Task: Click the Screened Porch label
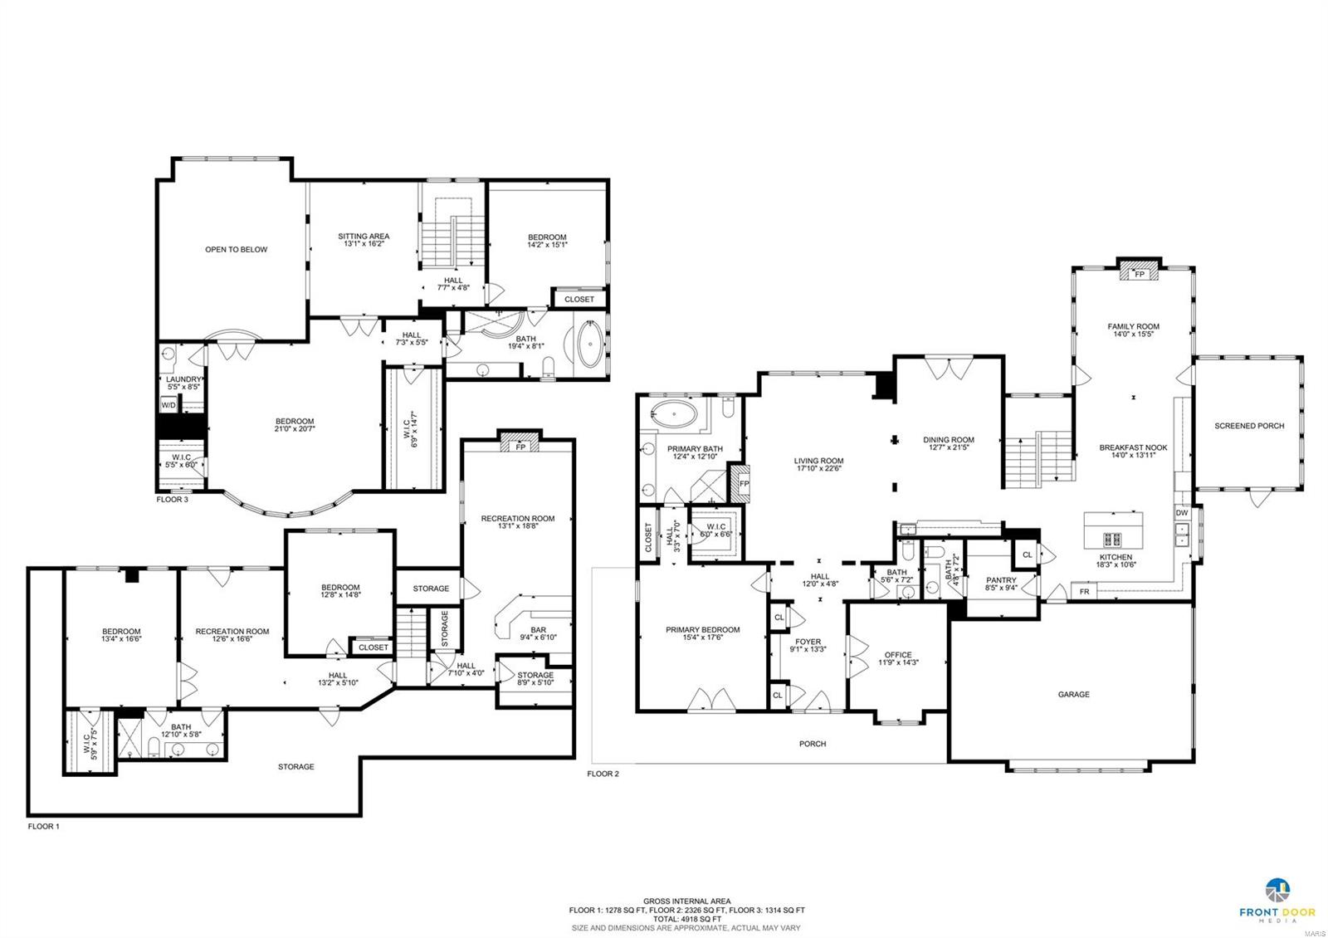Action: coord(1248,426)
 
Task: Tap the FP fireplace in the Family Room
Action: coord(1140,274)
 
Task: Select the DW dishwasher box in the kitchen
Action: coord(1181,513)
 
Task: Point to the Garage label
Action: coord(1073,694)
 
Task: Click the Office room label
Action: coord(897,655)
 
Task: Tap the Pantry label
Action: coord(1001,580)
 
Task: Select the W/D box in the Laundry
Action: coord(168,405)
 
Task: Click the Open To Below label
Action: coord(237,249)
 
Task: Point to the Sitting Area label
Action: coord(364,237)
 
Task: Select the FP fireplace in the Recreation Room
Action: coord(520,447)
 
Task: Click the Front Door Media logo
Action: coord(1278,899)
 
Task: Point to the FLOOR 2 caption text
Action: coord(603,774)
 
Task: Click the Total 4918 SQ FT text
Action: coord(686,919)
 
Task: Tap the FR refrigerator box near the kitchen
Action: coord(1084,592)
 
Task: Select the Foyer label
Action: coord(808,642)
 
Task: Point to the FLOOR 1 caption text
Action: coord(44,827)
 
